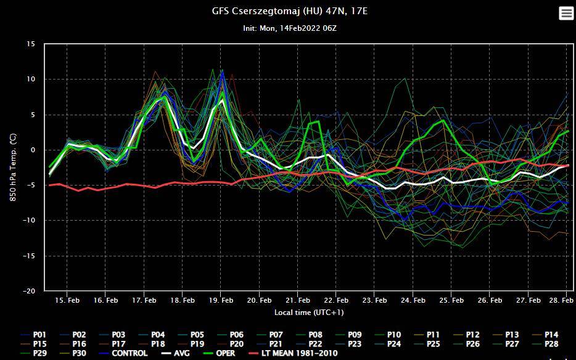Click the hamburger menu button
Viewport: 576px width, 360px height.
pos(566,14)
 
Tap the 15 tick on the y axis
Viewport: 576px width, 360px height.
pos(31,44)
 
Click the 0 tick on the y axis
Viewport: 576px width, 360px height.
pos(33,150)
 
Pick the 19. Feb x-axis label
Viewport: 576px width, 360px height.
pos(221,301)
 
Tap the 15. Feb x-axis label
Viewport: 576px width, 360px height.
pos(67,301)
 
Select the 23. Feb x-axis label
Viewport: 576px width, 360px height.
pos(374,301)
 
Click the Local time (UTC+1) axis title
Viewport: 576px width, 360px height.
pos(309,313)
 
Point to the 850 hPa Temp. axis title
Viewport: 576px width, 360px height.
pos(14,166)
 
